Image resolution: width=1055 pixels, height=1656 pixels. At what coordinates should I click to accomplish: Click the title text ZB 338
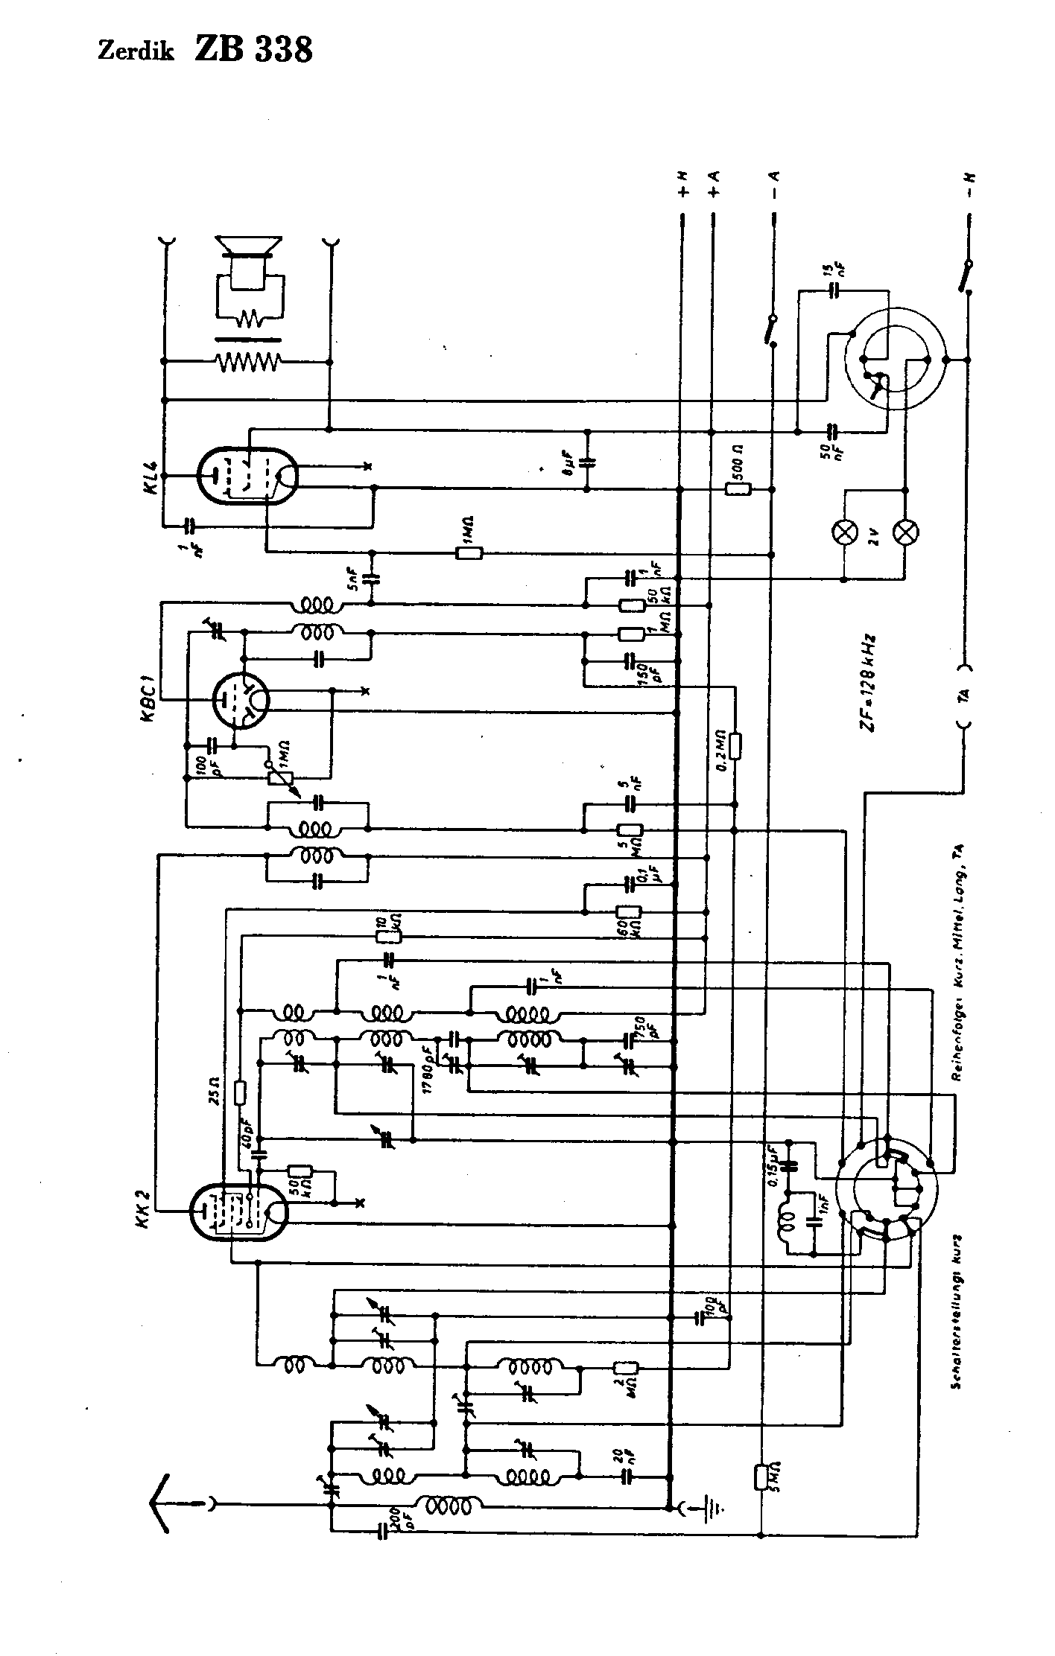tap(253, 50)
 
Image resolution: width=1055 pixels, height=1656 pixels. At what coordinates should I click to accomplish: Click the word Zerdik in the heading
tap(136, 52)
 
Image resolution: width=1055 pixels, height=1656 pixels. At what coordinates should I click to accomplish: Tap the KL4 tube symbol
tap(248, 474)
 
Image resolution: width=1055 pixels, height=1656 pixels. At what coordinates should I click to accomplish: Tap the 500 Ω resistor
tap(738, 489)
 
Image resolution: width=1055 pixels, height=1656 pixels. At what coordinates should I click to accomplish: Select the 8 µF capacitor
tap(587, 462)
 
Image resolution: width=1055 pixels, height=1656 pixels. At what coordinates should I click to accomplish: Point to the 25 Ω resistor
tap(240, 1092)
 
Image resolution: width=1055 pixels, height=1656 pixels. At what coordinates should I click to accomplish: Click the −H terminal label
tap(971, 184)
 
